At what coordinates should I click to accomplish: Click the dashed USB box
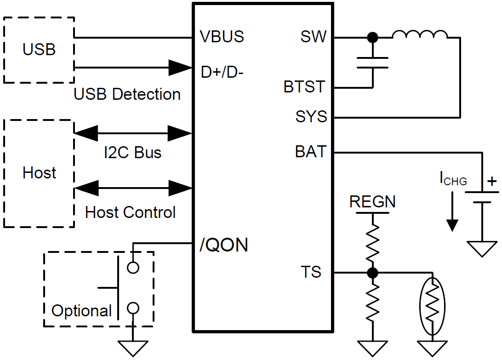coord(39,50)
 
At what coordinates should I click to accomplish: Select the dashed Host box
coord(39,173)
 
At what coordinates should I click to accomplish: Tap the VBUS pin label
coord(222,37)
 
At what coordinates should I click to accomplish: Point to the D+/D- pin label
coord(222,72)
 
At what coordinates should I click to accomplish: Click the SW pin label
coord(313,37)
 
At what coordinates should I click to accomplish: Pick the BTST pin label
coord(304,87)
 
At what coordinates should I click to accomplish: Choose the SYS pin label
coord(311,117)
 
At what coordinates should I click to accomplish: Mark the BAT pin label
coord(310,152)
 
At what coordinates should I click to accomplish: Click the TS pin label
coord(311,272)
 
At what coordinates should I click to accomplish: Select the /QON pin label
coord(224,245)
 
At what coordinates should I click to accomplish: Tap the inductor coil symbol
coord(419,35)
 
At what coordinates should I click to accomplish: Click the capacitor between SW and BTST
coord(373,63)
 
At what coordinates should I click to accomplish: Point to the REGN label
coord(372,202)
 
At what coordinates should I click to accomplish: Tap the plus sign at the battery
coord(492,181)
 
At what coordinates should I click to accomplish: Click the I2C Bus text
coord(132,152)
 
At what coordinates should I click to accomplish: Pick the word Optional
coord(82,311)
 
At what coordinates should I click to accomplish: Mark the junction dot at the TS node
coord(373,273)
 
